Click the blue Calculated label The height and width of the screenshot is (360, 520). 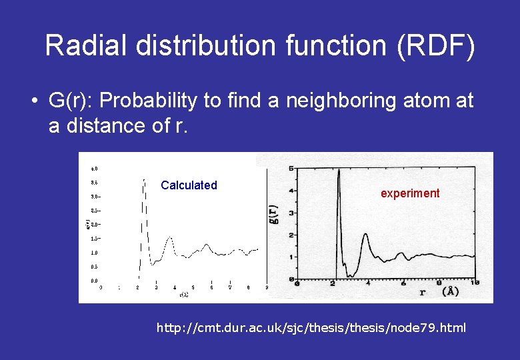(x=189, y=185)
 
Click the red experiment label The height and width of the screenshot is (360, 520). (x=410, y=193)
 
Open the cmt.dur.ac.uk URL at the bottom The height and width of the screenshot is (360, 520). (x=311, y=328)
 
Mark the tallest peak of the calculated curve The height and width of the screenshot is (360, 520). (x=144, y=179)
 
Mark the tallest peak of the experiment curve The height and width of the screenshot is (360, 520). (x=339, y=169)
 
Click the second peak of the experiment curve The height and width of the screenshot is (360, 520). (x=365, y=235)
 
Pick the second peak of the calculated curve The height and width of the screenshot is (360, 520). (x=169, y=237)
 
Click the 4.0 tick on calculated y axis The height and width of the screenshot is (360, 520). (x=94, y=168)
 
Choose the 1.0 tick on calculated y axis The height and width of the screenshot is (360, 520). (x=94, y=253)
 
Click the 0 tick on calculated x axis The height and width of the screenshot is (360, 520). (x=101, y=288)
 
